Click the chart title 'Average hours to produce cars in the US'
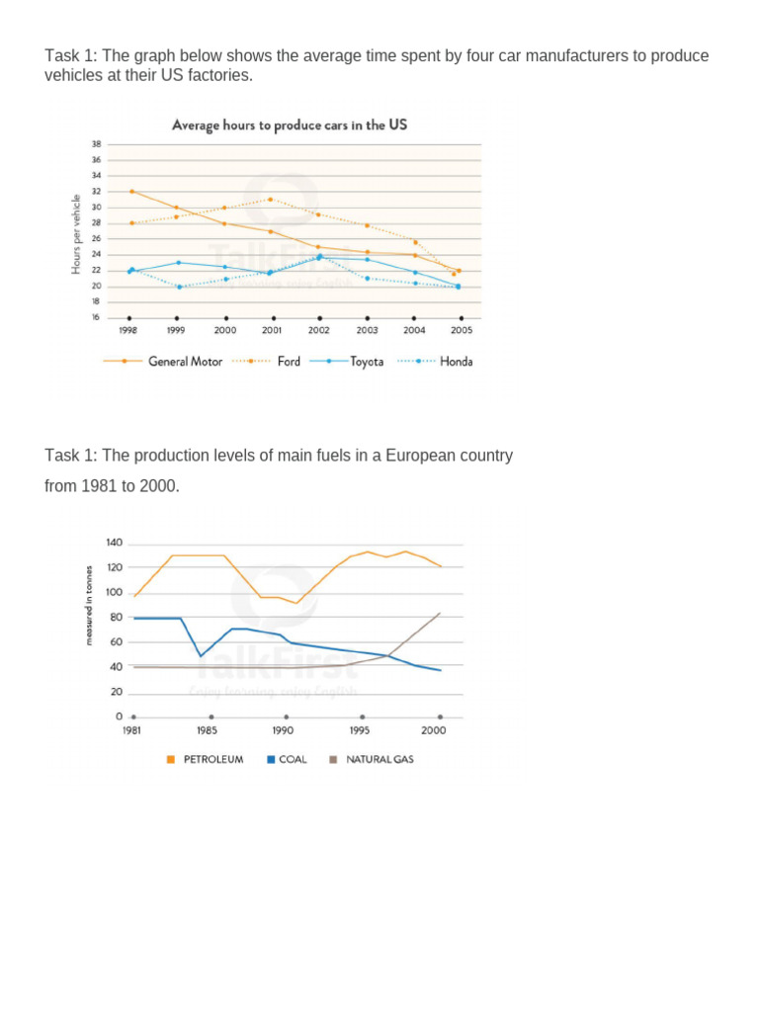289,126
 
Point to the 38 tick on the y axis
96,144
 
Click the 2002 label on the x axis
318,331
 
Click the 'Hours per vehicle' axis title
76,235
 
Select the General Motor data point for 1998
131,192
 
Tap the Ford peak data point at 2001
271,199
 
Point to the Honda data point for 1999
179,287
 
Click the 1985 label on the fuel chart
207,730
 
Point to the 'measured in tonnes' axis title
88,605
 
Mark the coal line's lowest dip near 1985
201,656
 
